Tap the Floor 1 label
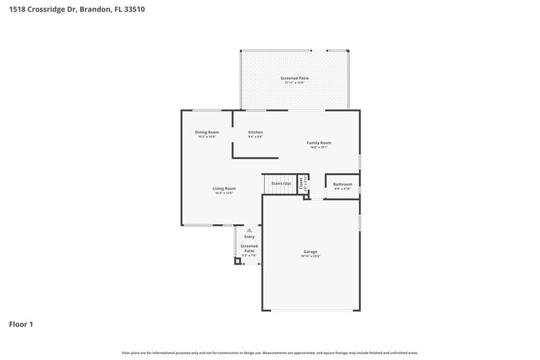(21, 324)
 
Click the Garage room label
(310, 252)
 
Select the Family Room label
(319, 143)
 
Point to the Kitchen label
(255, 132)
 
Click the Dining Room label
(207, 132)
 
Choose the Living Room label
(224, 189)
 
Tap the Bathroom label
(342, 184)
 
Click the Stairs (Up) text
(281, 183)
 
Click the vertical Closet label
(301, 183)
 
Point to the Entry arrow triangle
(249, 230)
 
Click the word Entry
(249, 236)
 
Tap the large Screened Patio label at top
(294, 78)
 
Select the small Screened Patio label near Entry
(249, 248)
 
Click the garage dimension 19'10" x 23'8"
(310, 257)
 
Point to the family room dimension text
(319, 148)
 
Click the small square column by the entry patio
(238, 261)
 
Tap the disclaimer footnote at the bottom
(270, 353)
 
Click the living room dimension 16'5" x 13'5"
(224, 193)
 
